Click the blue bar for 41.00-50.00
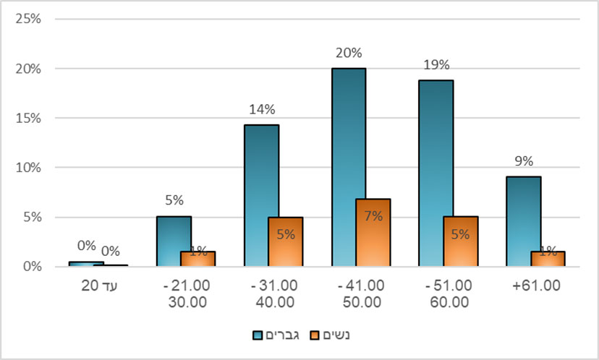tap(348, 166)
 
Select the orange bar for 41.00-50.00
tap(373, 232)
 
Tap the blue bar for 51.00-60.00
tap(436, 173)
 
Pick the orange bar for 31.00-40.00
tap(285, 241)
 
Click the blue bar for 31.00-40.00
tap(261, 195)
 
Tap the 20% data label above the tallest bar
tap(348, 53)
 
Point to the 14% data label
tap(261, 109)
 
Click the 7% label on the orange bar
tap(373, 215)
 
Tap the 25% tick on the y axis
tap(27, 19)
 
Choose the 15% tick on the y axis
tap(27, 118)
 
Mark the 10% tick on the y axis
tap(27, 168)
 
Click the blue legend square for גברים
tap(257, 335)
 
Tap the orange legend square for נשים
tap(313, 335)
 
